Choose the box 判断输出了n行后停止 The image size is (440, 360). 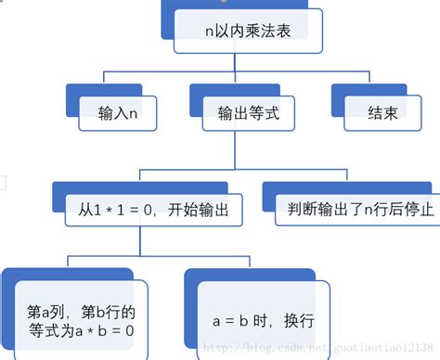coord(357,210)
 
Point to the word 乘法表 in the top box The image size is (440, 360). coord(271,31)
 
